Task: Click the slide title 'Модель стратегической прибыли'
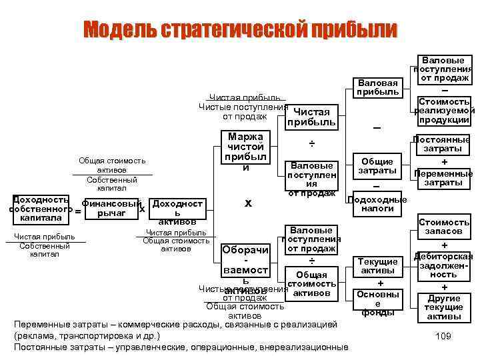click(x=240, y=30)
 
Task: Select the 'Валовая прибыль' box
click(x=378, y=87)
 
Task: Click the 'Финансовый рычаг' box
click(x=111, y=209)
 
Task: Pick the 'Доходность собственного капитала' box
click(x=39, y=209)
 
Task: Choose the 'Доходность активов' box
click(x=177, y=211)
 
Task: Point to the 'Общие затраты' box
click(x=378, y=166)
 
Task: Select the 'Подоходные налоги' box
click(x=378, y=205)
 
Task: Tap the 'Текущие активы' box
click(x=378, y=266)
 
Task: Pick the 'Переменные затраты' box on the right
click(x=443, y=177)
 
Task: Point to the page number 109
click(x=442, y=336)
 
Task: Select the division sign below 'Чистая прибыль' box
click(x=311, y=144)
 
